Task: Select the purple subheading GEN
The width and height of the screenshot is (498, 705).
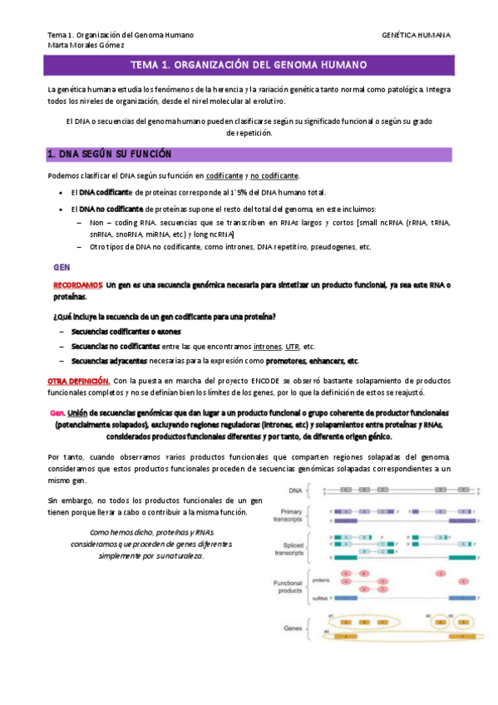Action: pyautogui.click(x=61, y=269)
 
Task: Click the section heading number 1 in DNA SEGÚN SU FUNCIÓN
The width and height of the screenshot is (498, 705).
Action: pyautogui.click(x=51, y=155)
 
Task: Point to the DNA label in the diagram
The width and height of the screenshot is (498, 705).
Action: pyautogui.click(x=295, y=491)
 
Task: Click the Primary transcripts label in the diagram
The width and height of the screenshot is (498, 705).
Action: pyautogui.click(x=291, y=515)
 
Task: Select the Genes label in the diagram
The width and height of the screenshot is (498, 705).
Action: pyautogui.click(x=293, y=629)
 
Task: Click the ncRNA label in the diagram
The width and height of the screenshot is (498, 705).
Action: pyautogui.click(x=319, y=598)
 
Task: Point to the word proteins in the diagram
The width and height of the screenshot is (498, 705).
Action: pyautogui.click(x=320, y=584)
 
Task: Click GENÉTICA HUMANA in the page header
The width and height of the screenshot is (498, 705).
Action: pyautogui.click(x=416, y=36)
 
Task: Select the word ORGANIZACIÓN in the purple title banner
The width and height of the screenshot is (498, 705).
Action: pyautogui.click(x=207, y=65)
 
